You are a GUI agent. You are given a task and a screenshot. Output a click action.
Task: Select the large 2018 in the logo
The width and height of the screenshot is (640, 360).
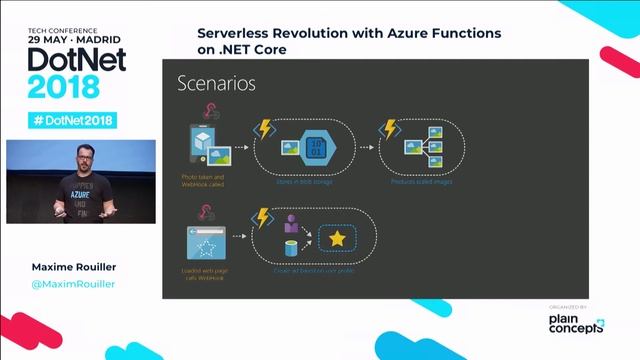[x=63, y=86]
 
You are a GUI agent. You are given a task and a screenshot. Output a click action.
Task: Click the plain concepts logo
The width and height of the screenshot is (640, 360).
[x=576, y=323]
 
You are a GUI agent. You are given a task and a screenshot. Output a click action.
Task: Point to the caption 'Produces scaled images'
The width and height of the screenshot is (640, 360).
[x=420, y=183]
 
